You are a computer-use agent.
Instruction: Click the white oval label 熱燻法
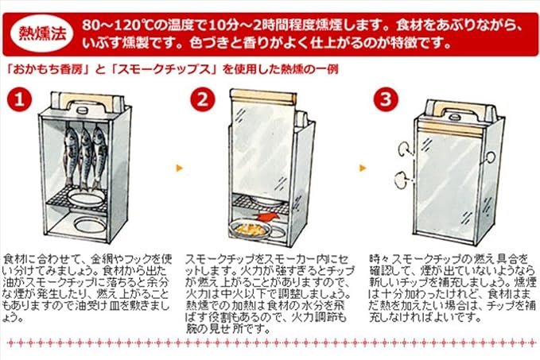pyautogui.click(x=42, y=33)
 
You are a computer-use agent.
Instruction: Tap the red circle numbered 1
pyautogui.click(x=19, y=99)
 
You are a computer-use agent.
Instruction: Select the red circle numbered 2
pyautogui.click(x=203, y=99)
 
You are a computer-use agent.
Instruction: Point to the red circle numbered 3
pyautogui.click(x=386, y=99)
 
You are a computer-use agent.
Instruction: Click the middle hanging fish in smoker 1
pyautogui.click(x=84, y=158)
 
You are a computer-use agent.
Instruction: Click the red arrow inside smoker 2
pyautogui.click(x=267, y=218)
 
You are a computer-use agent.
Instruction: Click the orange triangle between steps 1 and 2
pyautogui.click(x=180, y=168)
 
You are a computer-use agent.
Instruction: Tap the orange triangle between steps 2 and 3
pyautogui.click(x=363, y=168)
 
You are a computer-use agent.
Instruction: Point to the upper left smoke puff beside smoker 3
pyautogui.click(x=403, y=149)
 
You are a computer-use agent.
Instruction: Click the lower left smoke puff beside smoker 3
pyautogui.click(x=401, y=180)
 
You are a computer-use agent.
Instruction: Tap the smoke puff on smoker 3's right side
pyautogui.click(x=489, y=158)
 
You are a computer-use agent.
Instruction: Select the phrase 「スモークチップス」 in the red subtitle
pyautogui.click(x=165, y=69)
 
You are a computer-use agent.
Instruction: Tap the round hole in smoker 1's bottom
pyautogui.click(x=90, y=225)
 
